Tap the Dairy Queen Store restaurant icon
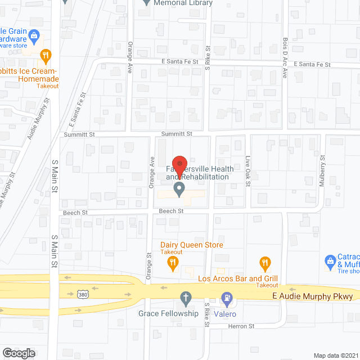pyautogui.click(x=174, y=262)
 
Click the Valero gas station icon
pyautogui.click(x=227, y=297)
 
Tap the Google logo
pyautogui.click(x=18, y=353)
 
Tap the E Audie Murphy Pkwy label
pyautogui.click(x=312, y=296)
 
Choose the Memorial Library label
pyautogui.click(x=183, y=3)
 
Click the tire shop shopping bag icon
pyautogui.click(x=331, y=260)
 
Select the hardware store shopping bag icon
pyautogui.click(x=34, y=36)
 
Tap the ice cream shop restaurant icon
pyautogui.click(x=46, y=55)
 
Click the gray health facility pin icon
pyautogui.click(x=179, y=189)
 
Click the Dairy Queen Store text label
pyautogui.click(x=191, y=245)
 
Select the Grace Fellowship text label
pyautogui.click(x=168, y=313)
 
